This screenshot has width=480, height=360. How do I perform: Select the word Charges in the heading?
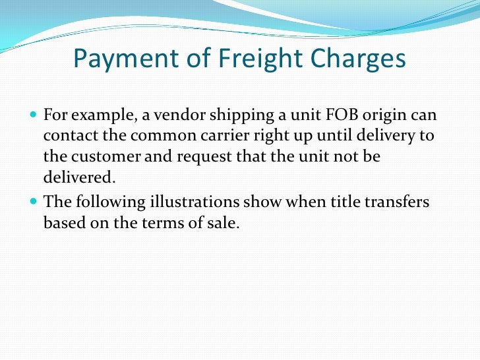coord(355,61)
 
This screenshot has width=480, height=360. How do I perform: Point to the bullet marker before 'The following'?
coord(35,202)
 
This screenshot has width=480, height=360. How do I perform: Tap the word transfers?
coord(402,202)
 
